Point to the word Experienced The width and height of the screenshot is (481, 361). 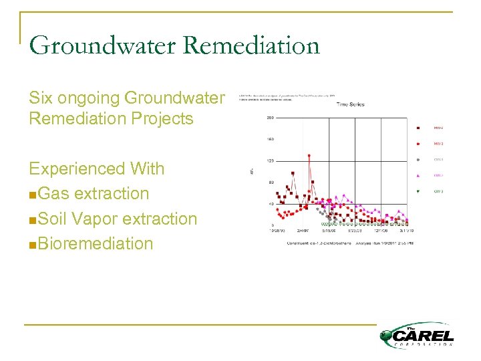(79, 168)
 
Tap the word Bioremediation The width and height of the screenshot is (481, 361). (96, 243)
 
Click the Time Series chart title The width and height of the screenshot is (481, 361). (350, 105)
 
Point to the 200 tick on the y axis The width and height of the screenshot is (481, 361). (271, 118)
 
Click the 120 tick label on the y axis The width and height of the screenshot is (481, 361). (271, 160)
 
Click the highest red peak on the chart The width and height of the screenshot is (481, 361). (309, 156)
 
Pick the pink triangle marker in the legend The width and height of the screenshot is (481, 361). (418, 176)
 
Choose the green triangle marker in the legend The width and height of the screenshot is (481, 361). (418, 192)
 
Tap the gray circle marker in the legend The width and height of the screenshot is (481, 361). (418, 160)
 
